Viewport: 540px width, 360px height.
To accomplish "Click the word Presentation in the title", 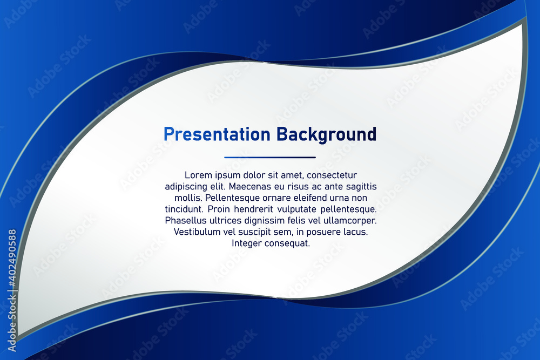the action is pos(217,134).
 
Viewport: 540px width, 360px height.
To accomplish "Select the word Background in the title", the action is pos(326,134).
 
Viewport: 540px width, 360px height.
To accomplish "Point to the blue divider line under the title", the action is pos(270,157).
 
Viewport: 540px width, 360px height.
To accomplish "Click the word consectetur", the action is pos(332,175).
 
